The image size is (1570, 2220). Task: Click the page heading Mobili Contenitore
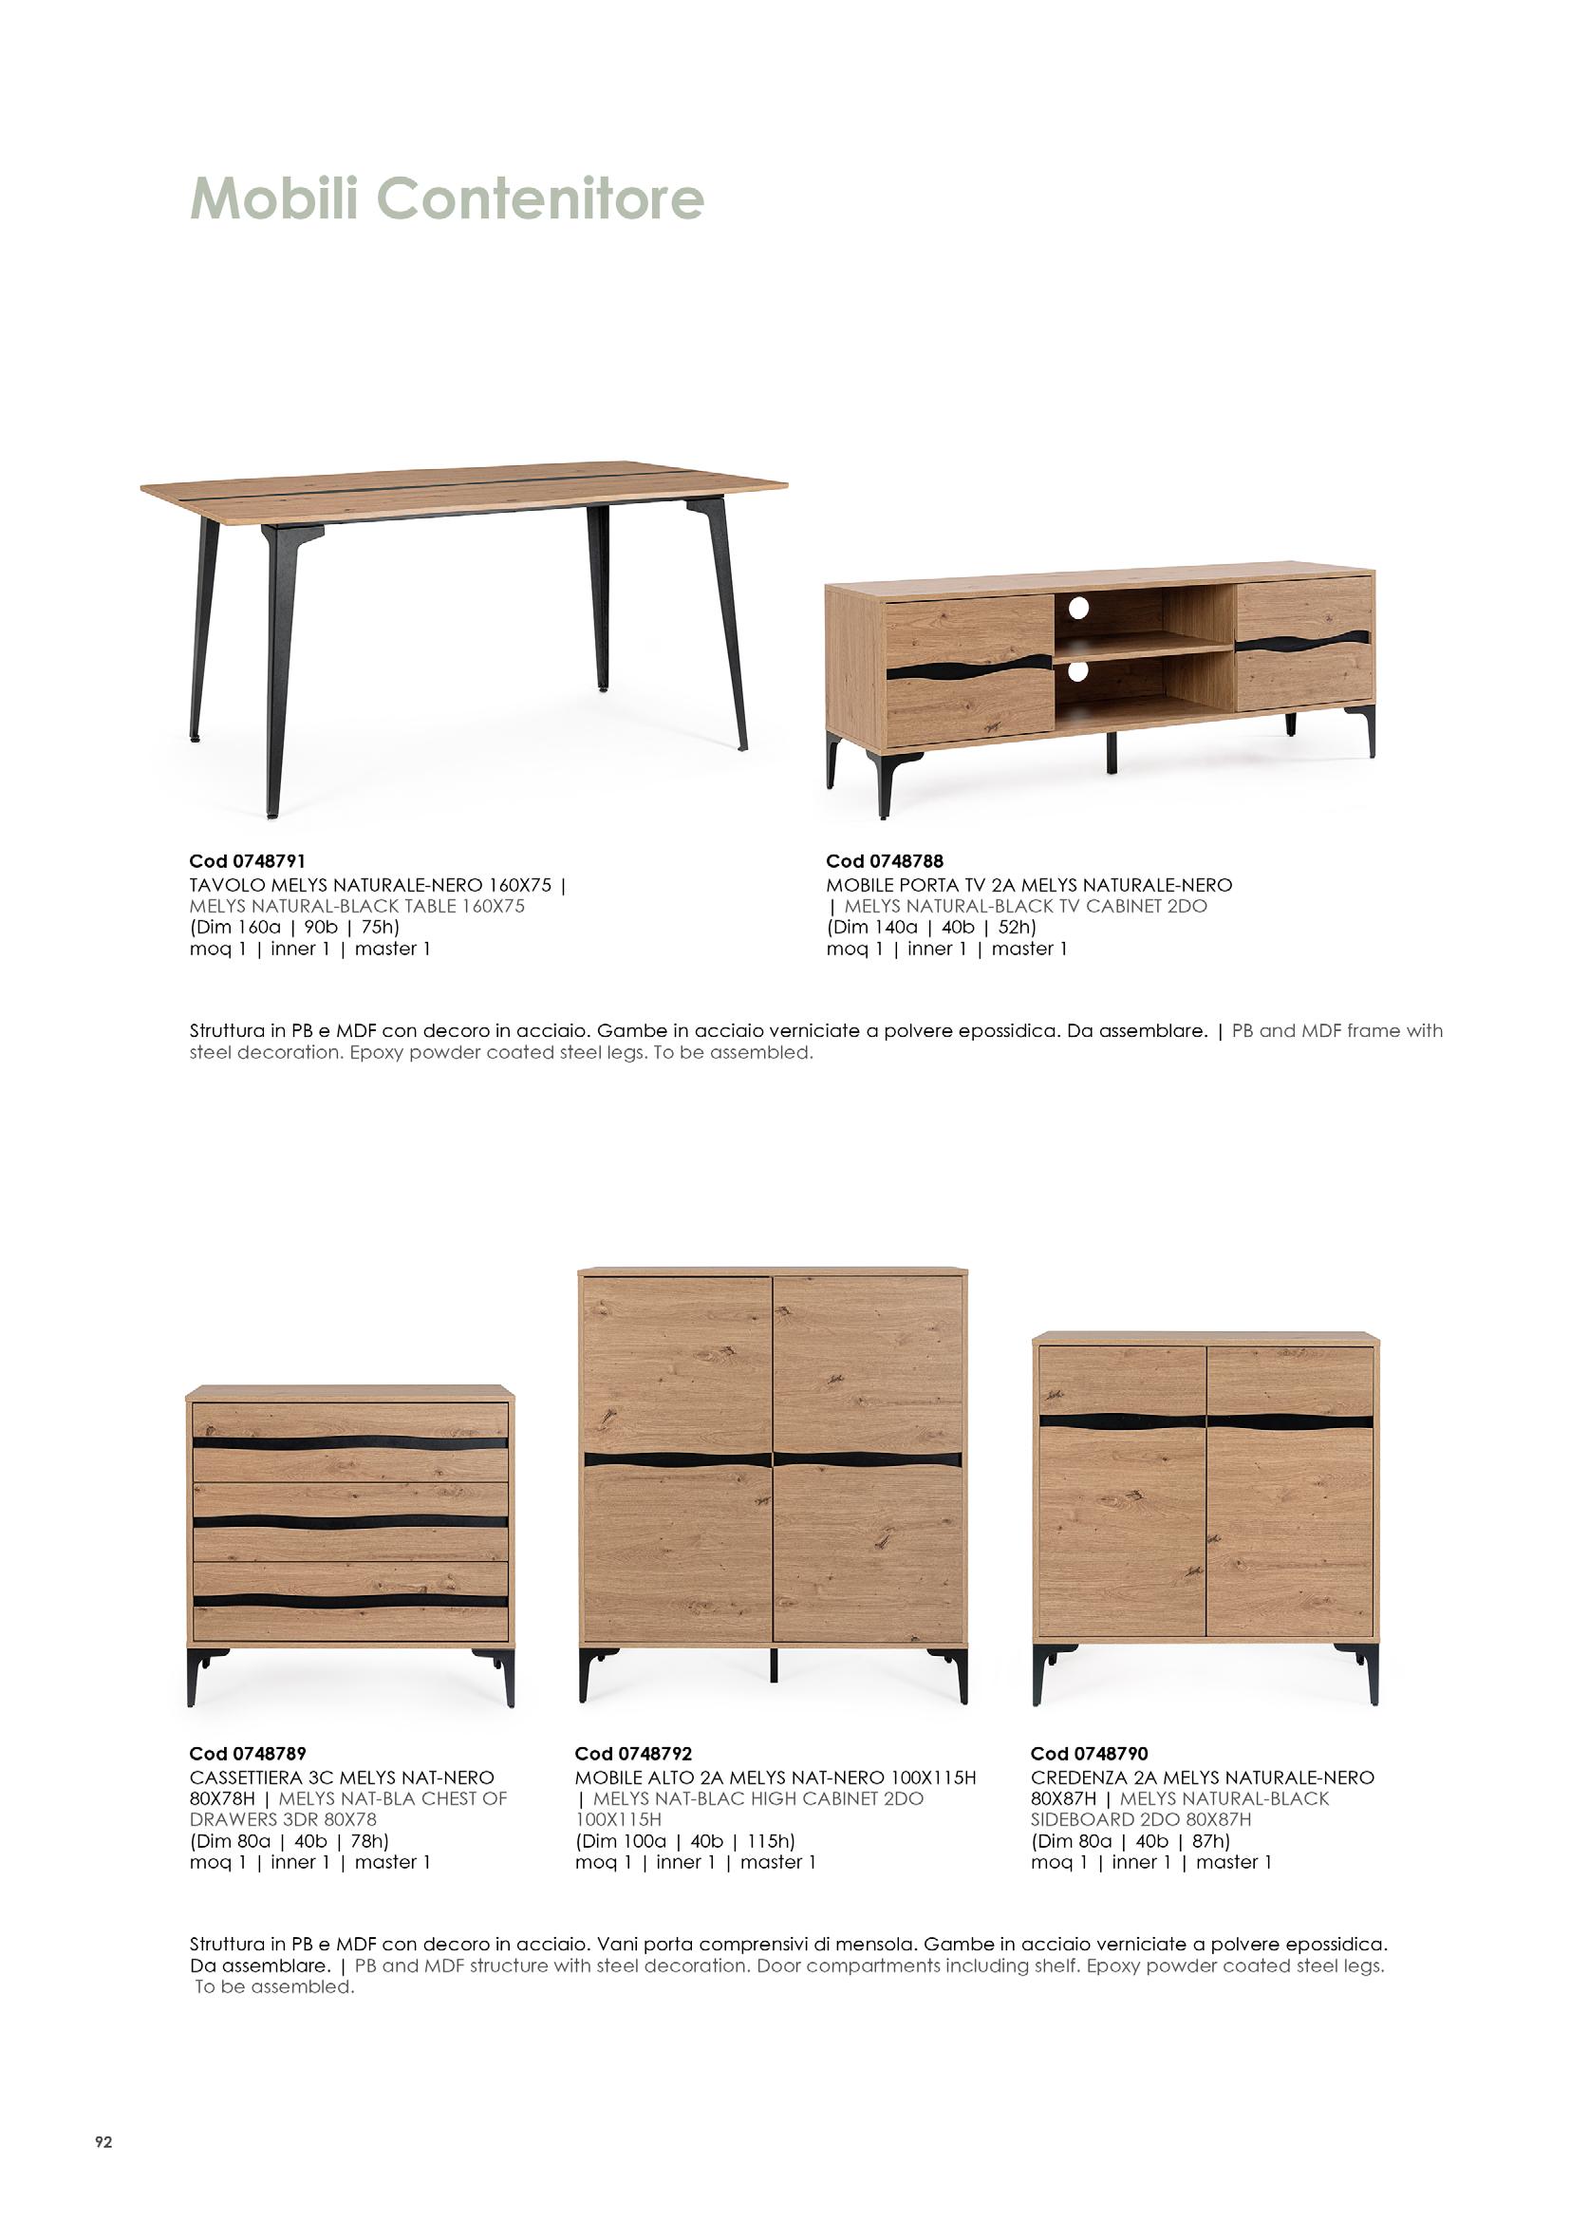coord(447,199)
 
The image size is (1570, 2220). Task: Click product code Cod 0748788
coord(885,860)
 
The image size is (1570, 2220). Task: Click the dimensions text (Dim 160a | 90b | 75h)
coord(294,928)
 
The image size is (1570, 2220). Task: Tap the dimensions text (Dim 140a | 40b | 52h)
coord(931,928)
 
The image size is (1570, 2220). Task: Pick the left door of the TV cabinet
coord(969,667)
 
